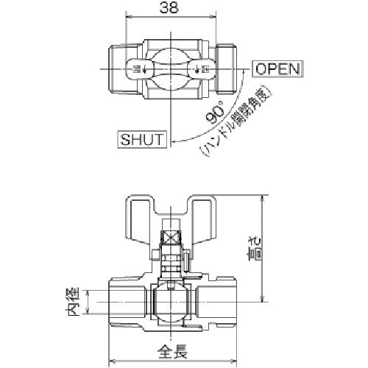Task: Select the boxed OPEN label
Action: tap(277, 69)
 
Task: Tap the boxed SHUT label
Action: tap(142, 138)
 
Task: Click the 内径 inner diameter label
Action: tap(72, 302)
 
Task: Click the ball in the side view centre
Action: tap(171, 300)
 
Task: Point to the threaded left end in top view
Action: tap(110, 69)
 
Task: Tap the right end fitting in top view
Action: tap(227, 69)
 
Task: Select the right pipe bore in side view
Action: tap(213, 301)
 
